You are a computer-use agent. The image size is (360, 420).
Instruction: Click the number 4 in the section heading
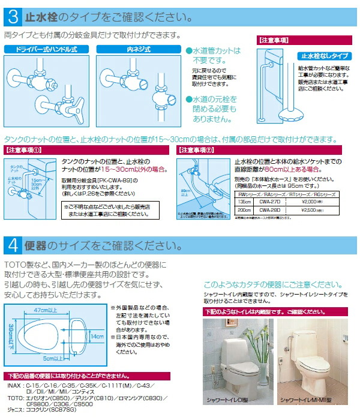(x=13, y=246)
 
